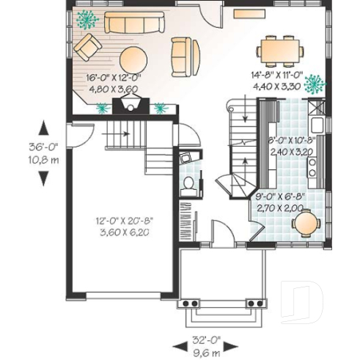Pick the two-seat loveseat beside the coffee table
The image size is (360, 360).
pyautogui.click(x=185, y=55)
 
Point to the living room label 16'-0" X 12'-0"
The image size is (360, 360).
pyautogui.click(x=114, y=76)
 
